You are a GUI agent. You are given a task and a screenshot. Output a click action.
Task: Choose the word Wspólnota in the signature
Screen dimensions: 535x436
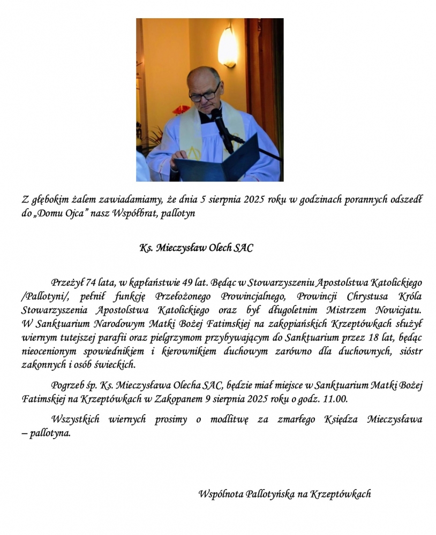[220, 494]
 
